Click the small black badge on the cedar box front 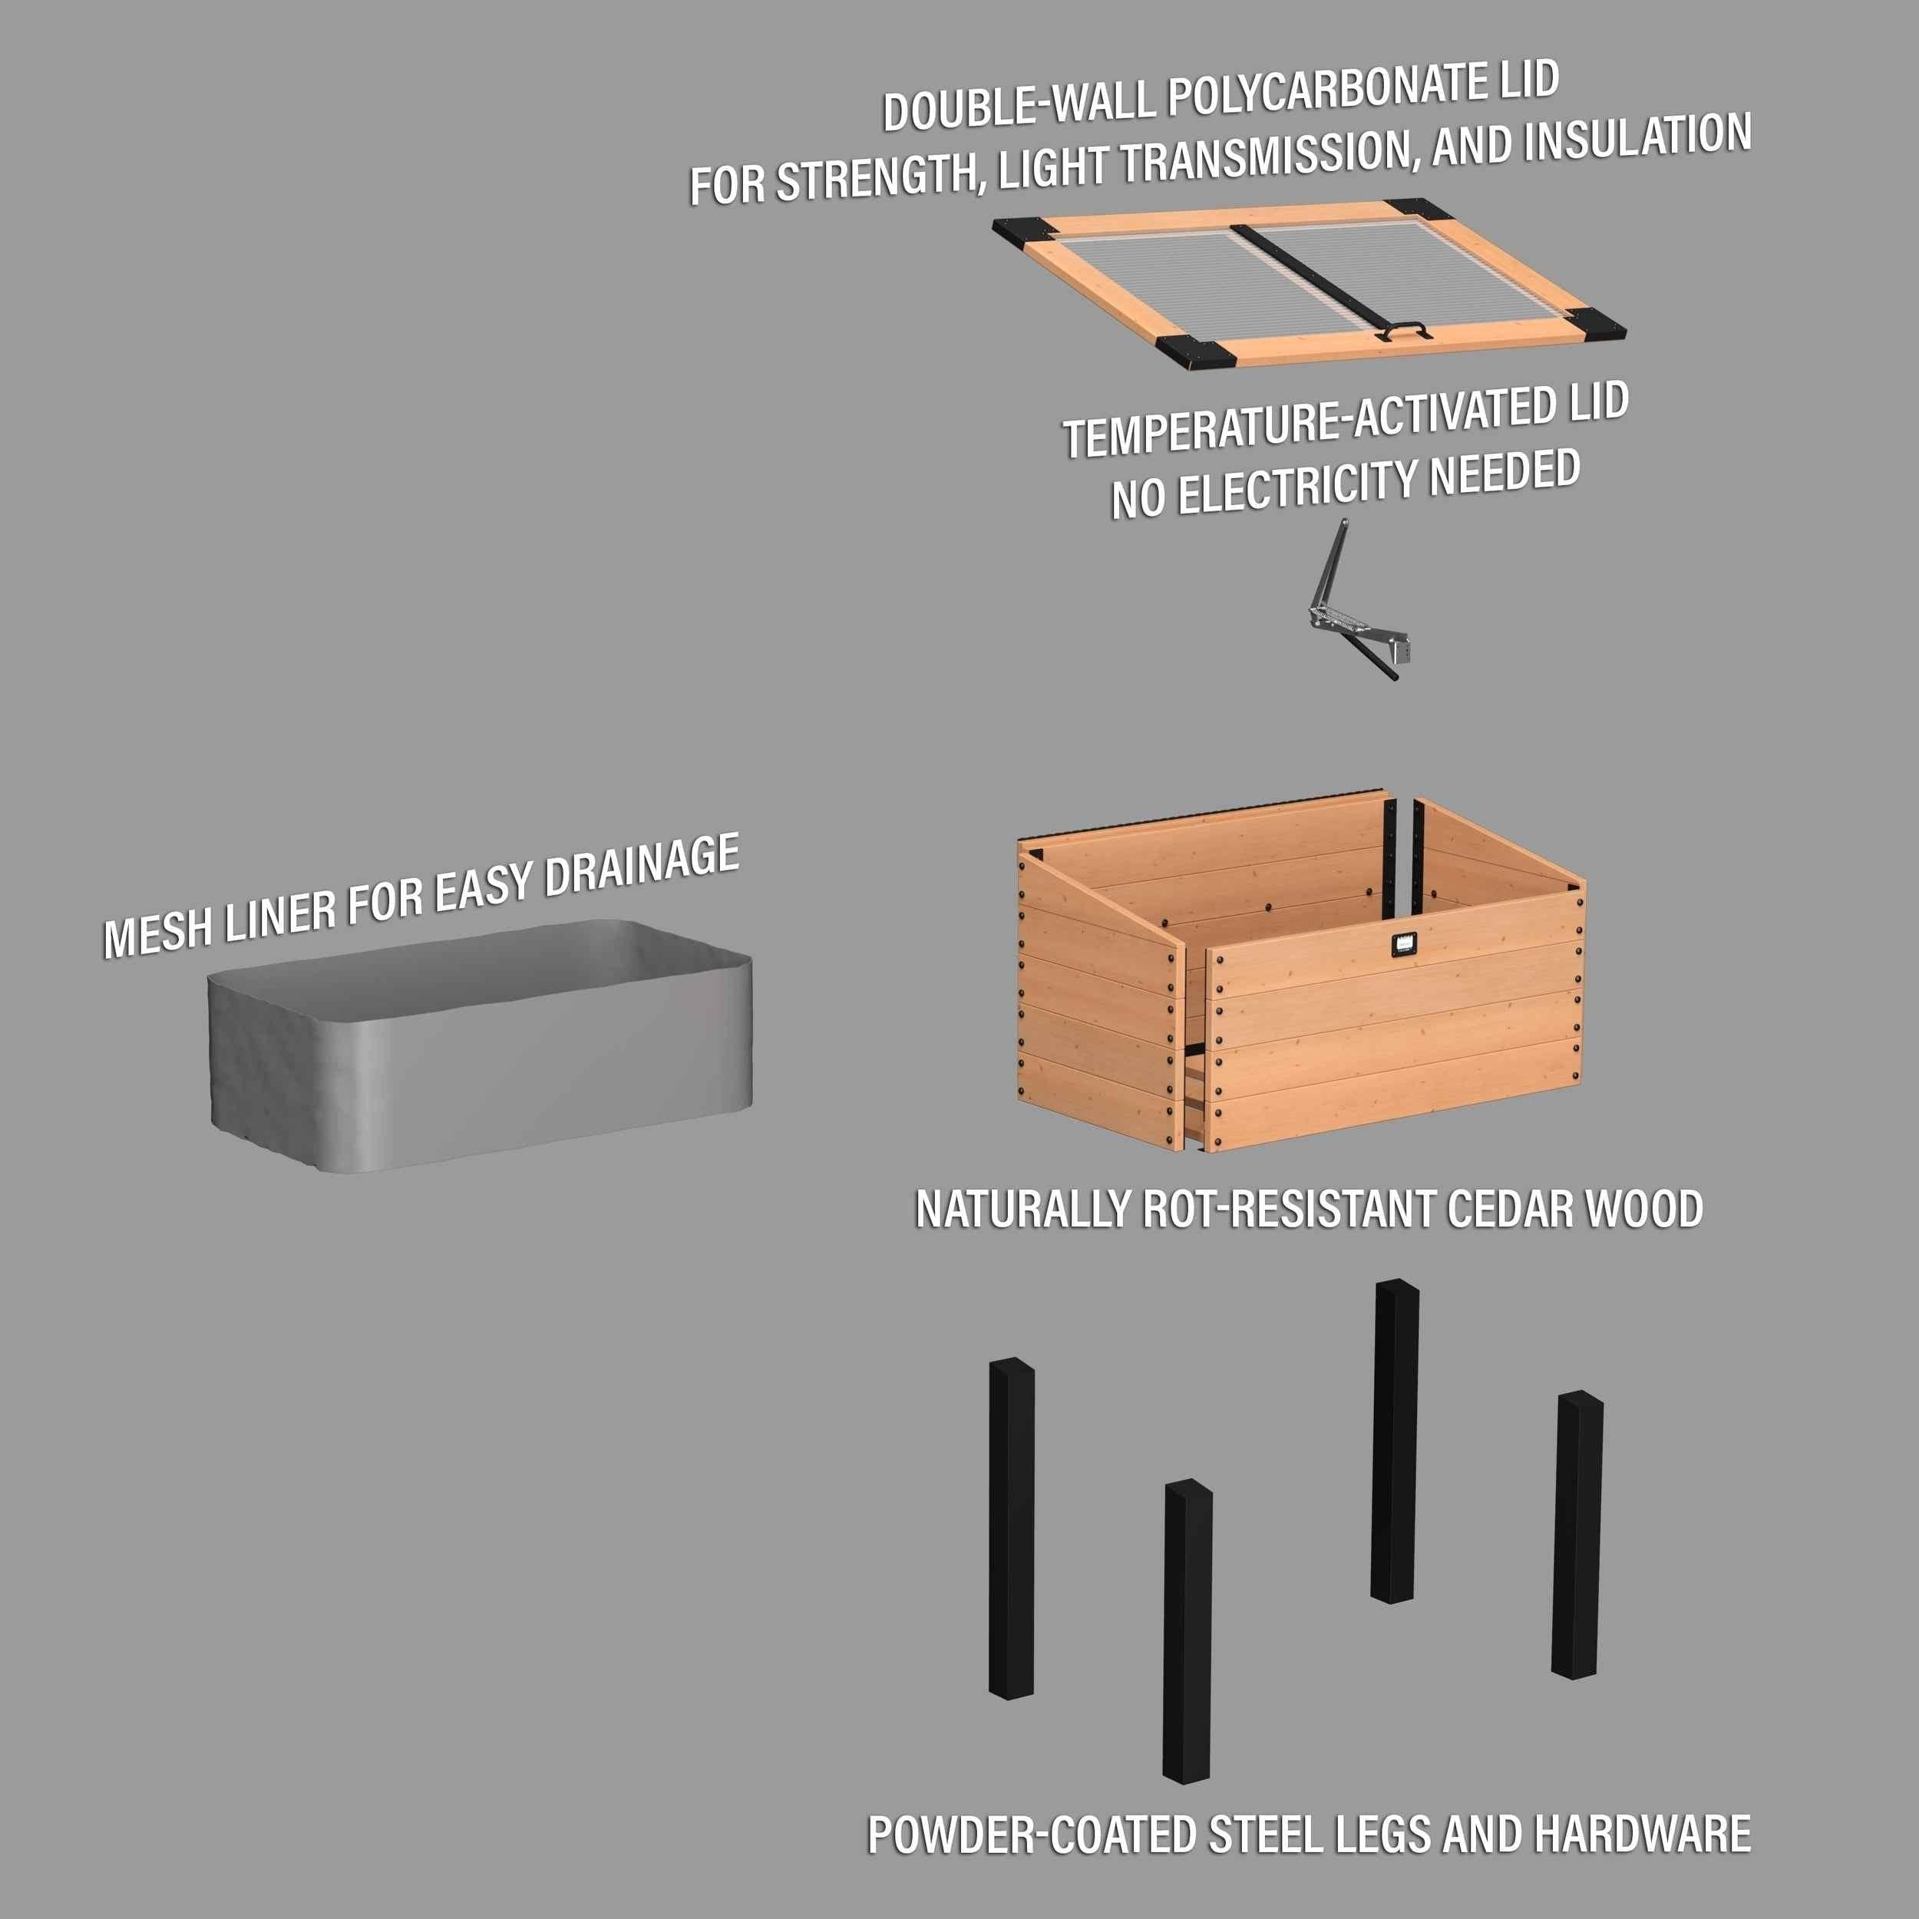1402,945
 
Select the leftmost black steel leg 1011,1530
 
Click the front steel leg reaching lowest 1187,1629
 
